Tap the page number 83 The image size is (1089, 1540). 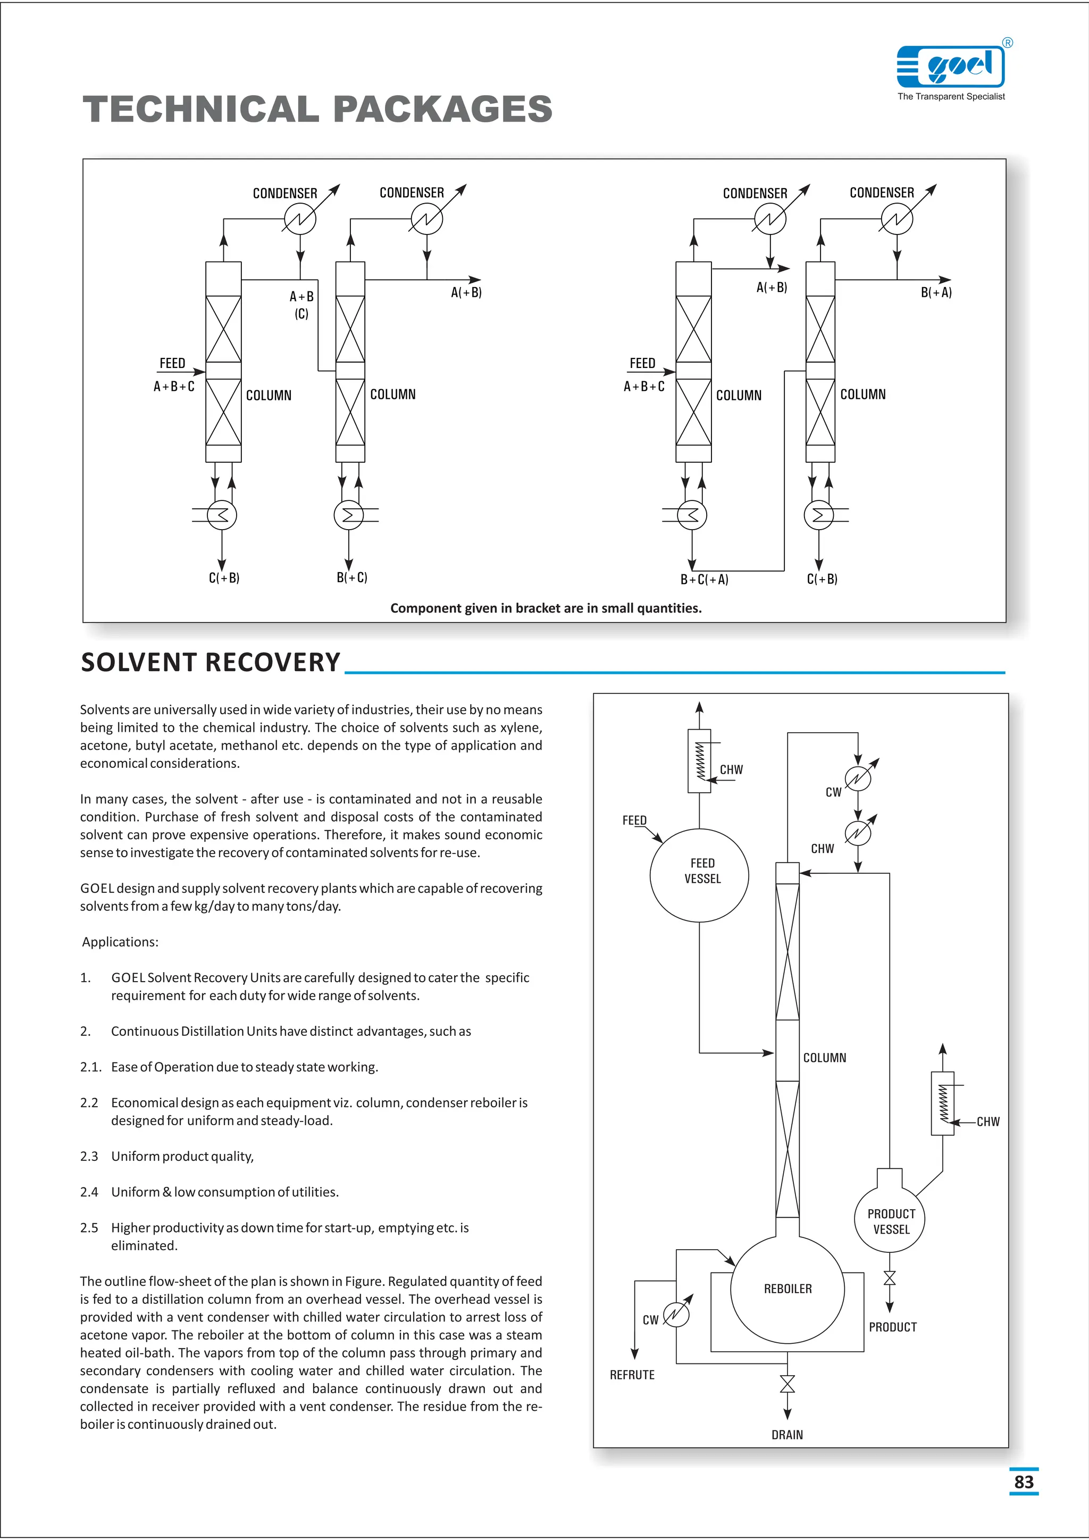[x=1023, y=1482]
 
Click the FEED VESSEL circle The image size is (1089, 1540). [x=699, y=875]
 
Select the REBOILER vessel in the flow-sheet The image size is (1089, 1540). [x=788, y=1288]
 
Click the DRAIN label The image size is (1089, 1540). [x=786, y=1435]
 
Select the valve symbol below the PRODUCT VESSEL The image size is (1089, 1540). [x=889, y=1278]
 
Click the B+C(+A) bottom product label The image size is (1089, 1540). [x=704, y=580]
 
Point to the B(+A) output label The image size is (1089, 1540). [x=936, y=292]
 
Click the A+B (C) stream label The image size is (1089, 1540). [x=301, y=305]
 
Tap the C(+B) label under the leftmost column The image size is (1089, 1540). [x=224, y=578]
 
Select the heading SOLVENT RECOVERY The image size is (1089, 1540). [x=211, y=663]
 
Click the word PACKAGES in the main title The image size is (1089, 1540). [x=442, y=110]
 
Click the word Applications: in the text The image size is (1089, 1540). [x=120, y=942]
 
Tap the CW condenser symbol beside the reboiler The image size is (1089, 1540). [x=676, y=1314]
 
